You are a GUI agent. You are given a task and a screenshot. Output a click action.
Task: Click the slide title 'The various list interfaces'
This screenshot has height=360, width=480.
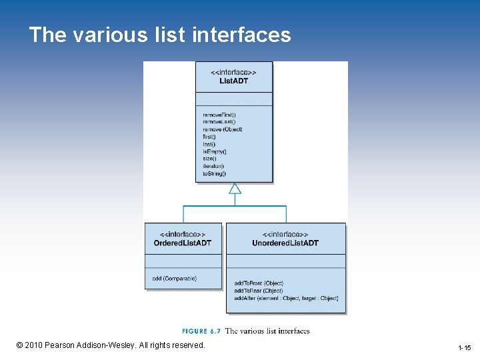point(160,35)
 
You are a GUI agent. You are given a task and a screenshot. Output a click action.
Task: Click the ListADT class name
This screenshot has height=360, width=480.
point(233,81)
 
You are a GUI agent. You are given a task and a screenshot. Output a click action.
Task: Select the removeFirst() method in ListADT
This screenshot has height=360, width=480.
point(219,115)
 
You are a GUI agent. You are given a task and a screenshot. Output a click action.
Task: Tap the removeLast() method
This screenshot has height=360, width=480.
point(219,122)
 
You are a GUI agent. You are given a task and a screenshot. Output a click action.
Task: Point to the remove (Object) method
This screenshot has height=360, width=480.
point(223,129)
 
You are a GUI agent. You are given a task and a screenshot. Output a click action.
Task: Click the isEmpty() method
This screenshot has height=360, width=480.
point(215,151)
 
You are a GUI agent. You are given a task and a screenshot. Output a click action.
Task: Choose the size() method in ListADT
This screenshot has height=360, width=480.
point(210,159)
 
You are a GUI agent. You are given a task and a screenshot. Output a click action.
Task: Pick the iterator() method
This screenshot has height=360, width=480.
point(213,166)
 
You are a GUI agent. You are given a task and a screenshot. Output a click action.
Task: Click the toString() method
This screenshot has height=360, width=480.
point(215,173)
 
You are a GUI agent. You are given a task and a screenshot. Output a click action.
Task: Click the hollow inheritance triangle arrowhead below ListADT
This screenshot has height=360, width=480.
point(234,189)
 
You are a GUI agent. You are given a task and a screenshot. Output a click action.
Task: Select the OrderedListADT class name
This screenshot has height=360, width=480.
point(183,243)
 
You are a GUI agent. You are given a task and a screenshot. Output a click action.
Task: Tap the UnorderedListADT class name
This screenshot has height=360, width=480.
point(285,243)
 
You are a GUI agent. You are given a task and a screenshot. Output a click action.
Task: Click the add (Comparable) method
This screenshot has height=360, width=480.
point(175,278)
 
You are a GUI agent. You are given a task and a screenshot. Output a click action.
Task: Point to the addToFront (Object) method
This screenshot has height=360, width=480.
point(259,283)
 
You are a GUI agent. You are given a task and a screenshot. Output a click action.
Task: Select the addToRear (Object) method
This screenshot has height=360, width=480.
point(259,291)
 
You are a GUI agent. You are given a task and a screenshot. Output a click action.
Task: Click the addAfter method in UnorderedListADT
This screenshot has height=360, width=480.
point(286,298)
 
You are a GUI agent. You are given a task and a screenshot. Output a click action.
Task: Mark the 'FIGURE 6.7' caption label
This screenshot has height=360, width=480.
point(201,331)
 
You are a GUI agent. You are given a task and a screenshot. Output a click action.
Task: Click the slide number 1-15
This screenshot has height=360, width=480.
point(464,348)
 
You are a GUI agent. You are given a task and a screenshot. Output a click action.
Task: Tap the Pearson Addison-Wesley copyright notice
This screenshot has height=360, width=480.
point(111,345)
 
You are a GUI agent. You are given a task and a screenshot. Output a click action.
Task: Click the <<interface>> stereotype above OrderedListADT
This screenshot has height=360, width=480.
point(183,235)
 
